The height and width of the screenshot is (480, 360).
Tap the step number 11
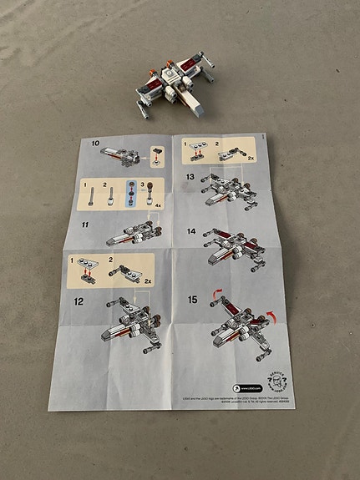click(85, 225)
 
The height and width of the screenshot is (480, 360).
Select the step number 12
click(79, 301)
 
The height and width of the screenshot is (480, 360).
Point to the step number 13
click(190, 178)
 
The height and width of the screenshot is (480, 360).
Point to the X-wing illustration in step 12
click(128, 327)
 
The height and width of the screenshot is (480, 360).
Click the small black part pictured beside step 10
click(157, 154)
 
